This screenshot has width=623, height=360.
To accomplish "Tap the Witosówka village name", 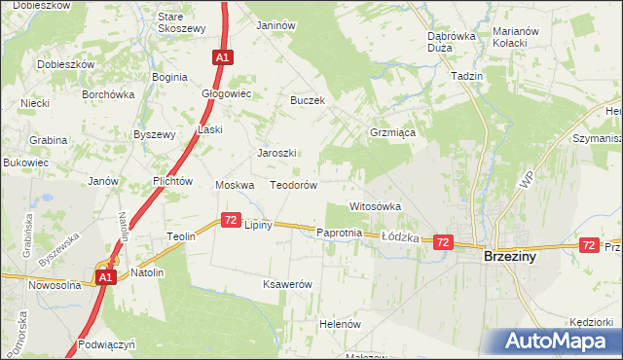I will click(376, 207).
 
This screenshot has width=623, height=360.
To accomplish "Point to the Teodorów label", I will click(294, 185).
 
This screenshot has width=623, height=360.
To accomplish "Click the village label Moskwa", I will click(235, 185).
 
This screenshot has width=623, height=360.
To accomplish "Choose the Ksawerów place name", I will click(287, 284).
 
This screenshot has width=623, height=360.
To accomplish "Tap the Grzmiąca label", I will click(393, 131).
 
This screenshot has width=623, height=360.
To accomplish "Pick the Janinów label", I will click(275, 25).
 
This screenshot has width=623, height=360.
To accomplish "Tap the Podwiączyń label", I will click(108, 344).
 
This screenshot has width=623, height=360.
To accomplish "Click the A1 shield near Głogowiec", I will click(222, 58).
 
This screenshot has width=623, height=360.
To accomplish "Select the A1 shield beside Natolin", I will click(107, 277).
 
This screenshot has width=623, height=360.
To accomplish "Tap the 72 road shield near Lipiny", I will click(231, 221).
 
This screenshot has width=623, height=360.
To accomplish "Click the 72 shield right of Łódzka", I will click(443, 241).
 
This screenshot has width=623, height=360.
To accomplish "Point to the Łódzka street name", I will click(399, 236).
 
